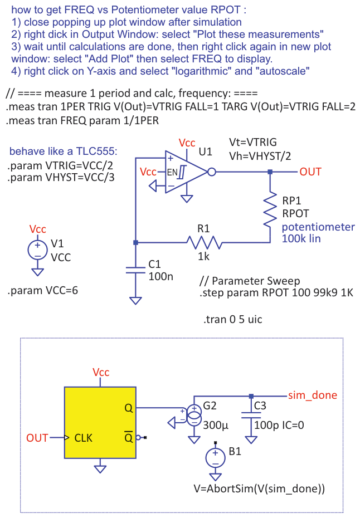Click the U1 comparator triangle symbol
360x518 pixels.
pyautogui.click(x=184, y=172)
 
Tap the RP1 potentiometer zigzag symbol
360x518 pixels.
pyautogui.click(x=270, y=209)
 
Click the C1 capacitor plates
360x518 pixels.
pyautogui.click(x=135, y=270)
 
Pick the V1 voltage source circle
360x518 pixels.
pyautogui.click(x=37, y=250)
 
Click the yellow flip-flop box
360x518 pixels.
pyautogui.click(x=100, y=423)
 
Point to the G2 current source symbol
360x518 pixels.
pyautogui.click(x=194, y=414)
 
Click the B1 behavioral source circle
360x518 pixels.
pyautogui.click(x=216, y=458)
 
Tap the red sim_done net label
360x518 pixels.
pyautogui.click(x=313, y=395)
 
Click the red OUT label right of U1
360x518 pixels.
pyautogui.click(x=310, y=172)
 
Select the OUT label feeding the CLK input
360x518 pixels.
pyautogui.click(x=37, y=438)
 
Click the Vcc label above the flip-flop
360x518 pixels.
pyautogui.click(x=101, y=372)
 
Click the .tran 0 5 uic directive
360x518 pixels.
pyautogui.click(x=233, y=320)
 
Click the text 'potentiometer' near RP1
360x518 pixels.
pyautogui.click(x=318, y=227)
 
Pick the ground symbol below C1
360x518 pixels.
pyautogui.click(x=135, y=300)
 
